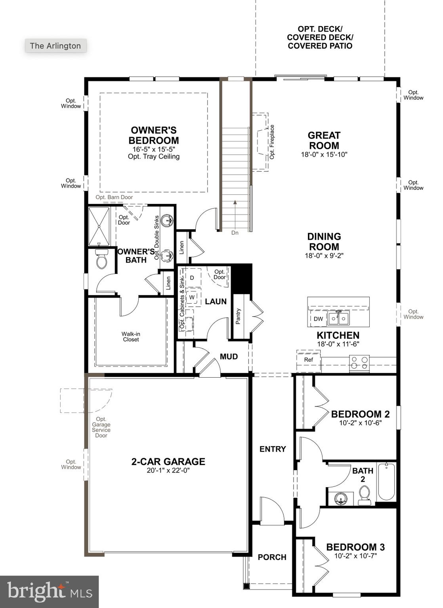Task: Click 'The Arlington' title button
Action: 55,46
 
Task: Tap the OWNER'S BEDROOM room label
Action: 154,135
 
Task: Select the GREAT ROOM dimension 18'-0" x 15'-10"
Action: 324,154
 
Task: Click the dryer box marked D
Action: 192,278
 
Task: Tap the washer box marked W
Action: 192,297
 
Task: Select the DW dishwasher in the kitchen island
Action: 318,319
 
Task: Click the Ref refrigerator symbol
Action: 308,360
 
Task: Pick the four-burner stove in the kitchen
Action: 359,363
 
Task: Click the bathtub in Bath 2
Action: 386,482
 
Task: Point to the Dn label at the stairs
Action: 235,233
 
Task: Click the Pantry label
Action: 238,317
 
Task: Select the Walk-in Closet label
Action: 131,336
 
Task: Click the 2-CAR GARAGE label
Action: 168,462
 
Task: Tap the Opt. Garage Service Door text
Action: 101,427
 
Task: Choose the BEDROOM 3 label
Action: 355,547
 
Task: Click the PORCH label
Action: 272,557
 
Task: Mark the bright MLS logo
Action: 49,592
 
